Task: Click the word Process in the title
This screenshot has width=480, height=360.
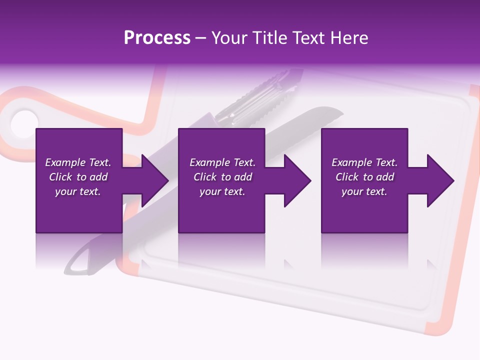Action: click(157, 38)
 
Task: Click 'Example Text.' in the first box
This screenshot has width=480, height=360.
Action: click(78, 162)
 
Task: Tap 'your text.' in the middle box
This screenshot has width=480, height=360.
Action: click(222, 191)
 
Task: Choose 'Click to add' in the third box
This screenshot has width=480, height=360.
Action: click(364, 177)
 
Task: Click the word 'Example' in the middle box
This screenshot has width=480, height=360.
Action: click(205, 162)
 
